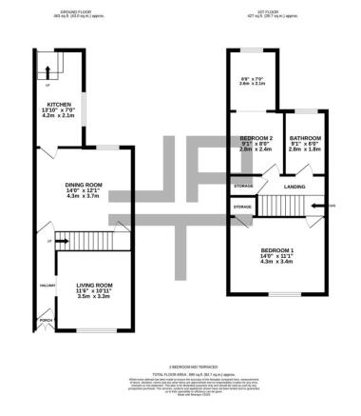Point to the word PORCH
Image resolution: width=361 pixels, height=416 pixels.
[x=43, y=320]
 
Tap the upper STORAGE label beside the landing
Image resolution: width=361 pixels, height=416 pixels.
[x=245, y=186]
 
